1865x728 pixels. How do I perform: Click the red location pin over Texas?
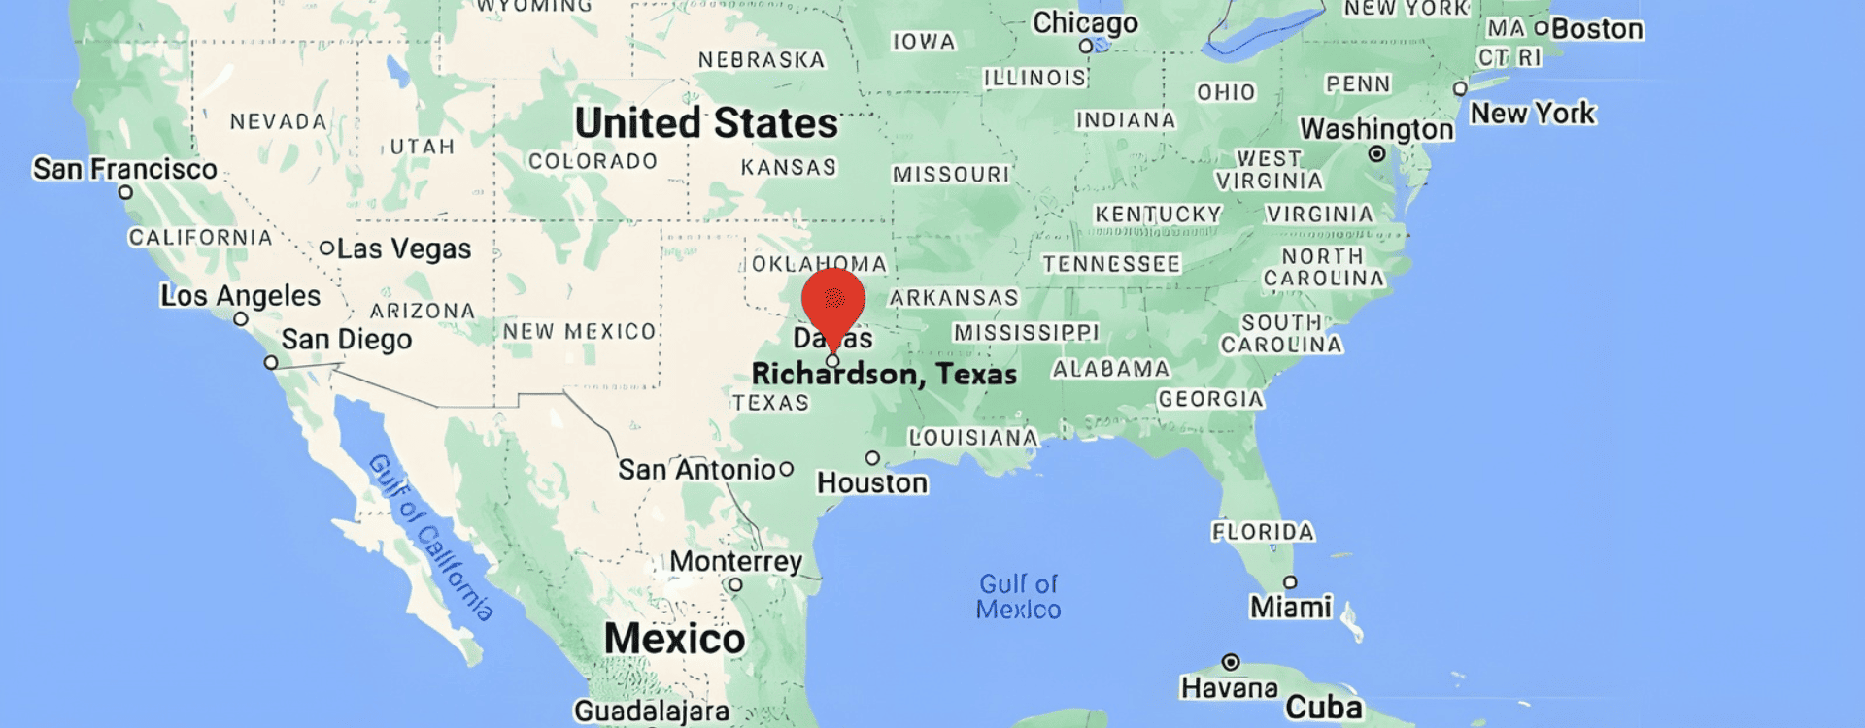tap(832, 302)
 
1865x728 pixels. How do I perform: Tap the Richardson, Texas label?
tap(884, 374)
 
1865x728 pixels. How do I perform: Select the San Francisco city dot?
tap(125, 192)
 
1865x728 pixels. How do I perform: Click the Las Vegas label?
tap(403, 249)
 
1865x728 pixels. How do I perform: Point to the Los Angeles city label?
tap(240, 296)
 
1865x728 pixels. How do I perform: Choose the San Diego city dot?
tap(271, 363)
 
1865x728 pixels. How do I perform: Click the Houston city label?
tap(872, 482)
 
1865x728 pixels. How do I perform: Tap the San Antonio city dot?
tap(787, 469)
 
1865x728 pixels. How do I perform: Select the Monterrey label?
tap(735, 561)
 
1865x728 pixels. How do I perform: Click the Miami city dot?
tap(1290, 582)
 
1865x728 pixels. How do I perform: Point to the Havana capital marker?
tap(1231, 662)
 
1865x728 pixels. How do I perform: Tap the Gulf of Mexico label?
tap(1018, 596)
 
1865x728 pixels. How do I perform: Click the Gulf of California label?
tap(430, 537)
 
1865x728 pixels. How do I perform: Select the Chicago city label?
tap(1085, 22)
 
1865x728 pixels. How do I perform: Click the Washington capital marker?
tap(1376, 154)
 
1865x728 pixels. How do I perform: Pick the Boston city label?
tap(1597, 29)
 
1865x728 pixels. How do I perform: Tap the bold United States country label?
tap(706, 123)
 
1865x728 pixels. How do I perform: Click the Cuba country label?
tap(1323, 707)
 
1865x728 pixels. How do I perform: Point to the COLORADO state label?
tap(593, 161)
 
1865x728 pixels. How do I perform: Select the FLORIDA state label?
tap(1263, 532)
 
